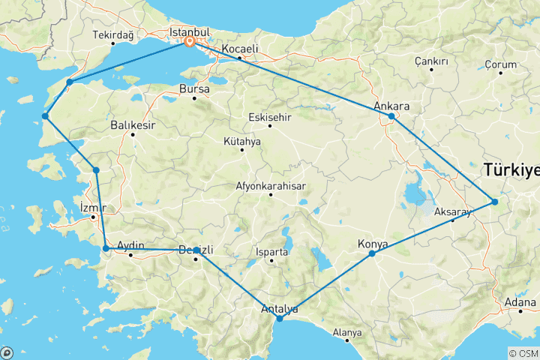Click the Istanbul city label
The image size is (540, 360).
pyautogui.click(x=188, y=33)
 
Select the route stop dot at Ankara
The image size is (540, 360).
pyautogui.click(x=391, y=117)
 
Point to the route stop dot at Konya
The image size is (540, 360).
pyautogui.click(x=372, y=254)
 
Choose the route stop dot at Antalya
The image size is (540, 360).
pyautogui.click(x=280, y=319)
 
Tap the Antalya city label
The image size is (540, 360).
pyautogui.click(x=279, y=308)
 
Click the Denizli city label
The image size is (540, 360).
pyautogui.click(x=196, y=250)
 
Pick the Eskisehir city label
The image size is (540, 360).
pyautogui.click(x=271, y=116)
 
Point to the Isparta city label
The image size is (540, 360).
pyautogui.click(x=271, y=252)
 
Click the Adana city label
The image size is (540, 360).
pyautogui.click(x=520, y=302)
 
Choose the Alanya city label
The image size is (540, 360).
pyautogui.click(x=346, y=331)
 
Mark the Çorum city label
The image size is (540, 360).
pyautogui.click(x=501, y=64)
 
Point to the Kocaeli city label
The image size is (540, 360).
pyautogui.click(x=239, y=49)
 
